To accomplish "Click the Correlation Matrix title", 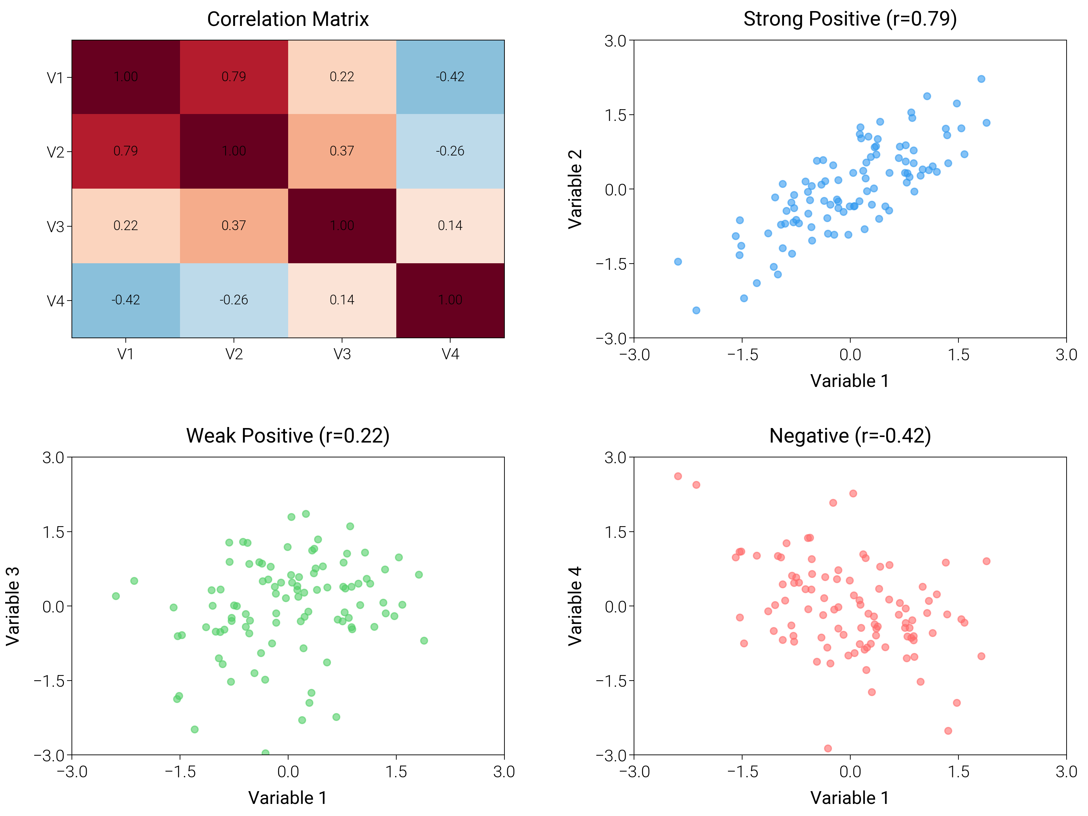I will click(288, 19).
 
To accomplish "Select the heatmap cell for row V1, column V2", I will click(234, 77).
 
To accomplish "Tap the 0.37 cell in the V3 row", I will click(234, 226).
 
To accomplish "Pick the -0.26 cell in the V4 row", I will click(234, 300).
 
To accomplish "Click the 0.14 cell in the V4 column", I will click(450, 226).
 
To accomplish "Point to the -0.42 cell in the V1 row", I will click(450, 77).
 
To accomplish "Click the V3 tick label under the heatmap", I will click(342, 354).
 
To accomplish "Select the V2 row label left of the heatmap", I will click(55, 152).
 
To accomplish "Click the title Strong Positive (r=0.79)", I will click(850, 19).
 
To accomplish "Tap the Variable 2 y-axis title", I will click(575, 189).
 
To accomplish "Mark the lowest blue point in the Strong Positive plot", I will click(696, 310).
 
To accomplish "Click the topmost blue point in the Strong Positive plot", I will click(981, 79).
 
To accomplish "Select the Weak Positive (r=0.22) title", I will click(288, 436).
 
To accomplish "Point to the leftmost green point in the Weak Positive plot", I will click(116, 596).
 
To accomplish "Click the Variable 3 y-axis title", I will click(13, 606).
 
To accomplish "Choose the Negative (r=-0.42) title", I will click(850, 436).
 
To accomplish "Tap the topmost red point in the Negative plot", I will click(678, 476).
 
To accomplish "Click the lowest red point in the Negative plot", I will click(828, 749).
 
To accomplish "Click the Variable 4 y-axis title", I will click(575, 606).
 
